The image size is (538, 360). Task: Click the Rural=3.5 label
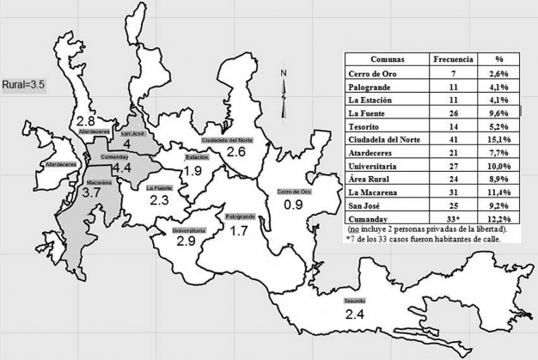click(x=27, y=86)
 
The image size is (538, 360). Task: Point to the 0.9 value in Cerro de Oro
click(x=294, y=204)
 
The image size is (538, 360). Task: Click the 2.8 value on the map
click(x=86, y=119)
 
